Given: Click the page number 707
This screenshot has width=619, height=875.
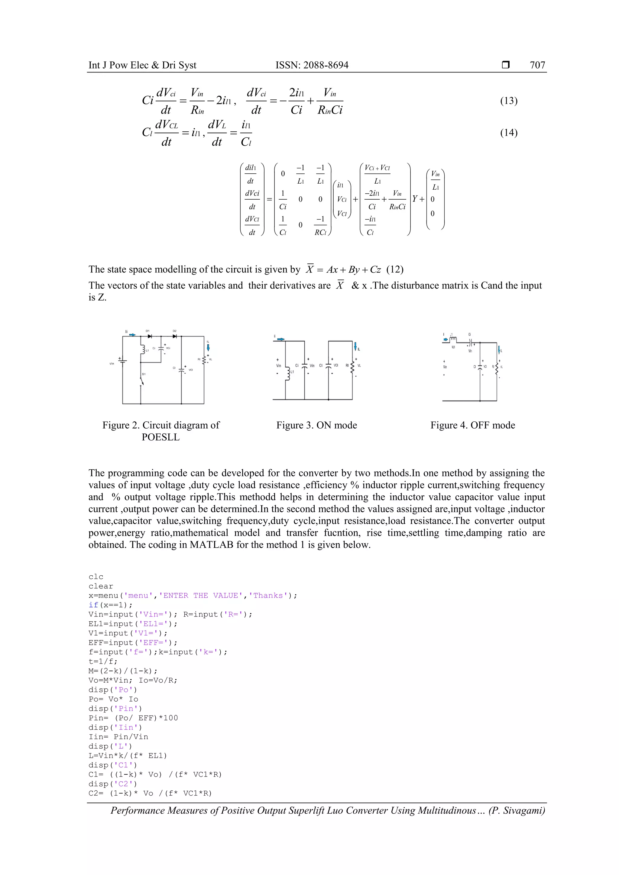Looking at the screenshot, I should pos(537,65).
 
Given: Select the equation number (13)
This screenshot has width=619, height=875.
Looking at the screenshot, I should pos(508,101).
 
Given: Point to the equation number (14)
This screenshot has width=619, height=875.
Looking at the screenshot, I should pos(508,133).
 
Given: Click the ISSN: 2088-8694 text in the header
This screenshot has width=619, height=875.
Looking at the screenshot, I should pos(312,65).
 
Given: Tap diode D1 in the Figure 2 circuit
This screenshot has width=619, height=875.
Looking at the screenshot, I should pos(150,336).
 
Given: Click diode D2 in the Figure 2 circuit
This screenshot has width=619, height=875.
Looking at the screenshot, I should pos(175,336).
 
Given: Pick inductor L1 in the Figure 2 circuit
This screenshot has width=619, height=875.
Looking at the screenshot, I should pos(142,349).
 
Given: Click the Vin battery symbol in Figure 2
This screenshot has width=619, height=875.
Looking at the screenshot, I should pos(122,360).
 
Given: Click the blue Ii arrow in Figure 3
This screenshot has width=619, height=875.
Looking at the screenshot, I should pos(281,339).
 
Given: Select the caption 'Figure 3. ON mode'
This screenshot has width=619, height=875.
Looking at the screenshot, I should pos(316,425).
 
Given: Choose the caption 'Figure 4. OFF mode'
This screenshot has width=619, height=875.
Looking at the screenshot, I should pos(472,425).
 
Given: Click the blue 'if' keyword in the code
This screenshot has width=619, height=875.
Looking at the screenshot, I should pos(93,605).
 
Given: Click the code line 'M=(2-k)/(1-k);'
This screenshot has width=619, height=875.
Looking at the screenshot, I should pos(123,671).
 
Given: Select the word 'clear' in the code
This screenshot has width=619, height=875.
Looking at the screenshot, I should pos(101,586).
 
